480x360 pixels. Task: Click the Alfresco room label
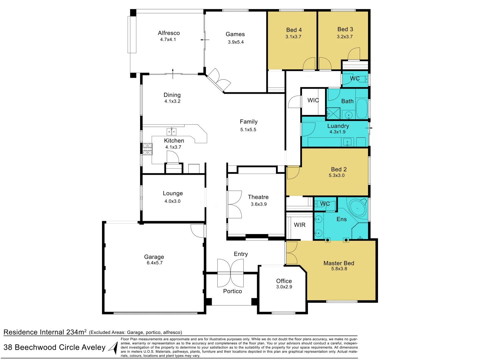pos(169,33)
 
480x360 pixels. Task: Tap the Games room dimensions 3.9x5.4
pos(236,42)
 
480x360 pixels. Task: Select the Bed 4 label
pos(294,30)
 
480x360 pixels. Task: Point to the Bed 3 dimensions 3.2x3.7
pos(345,37)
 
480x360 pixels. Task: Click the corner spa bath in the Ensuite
pos(357,208)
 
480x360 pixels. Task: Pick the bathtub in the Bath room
pos(362,108)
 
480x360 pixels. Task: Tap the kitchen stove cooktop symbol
pos(147,149)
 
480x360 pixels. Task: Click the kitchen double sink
pos(171,131)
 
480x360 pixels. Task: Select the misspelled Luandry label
pos(338,126)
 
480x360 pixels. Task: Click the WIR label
pos(299,225)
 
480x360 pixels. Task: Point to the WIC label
pos(313,100)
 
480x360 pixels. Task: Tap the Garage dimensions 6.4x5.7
pos(155,263)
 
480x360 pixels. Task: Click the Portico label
pos(232,291)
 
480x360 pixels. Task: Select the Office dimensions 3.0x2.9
pos(284,287)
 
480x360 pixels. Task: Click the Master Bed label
pos(339,263)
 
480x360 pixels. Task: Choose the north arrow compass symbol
pos(114,348)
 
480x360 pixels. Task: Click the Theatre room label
pos(258,197)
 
